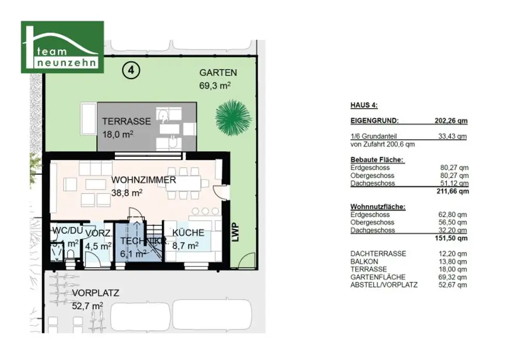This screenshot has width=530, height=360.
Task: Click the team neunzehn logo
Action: pos(62,47)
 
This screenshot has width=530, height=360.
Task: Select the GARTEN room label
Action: pos(218,73)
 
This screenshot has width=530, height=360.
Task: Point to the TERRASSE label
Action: pos(126,122)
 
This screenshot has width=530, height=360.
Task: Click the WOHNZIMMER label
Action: pos(143,180)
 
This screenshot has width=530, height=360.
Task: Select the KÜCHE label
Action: pos(188,233)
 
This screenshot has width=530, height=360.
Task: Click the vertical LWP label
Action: pos(236,232)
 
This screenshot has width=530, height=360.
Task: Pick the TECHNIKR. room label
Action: pos(143,241)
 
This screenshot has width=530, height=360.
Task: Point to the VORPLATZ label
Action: pos(95,293)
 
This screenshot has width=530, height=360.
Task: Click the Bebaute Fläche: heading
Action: pos(377,160)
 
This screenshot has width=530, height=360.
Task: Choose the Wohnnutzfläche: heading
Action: pos(378,207)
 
